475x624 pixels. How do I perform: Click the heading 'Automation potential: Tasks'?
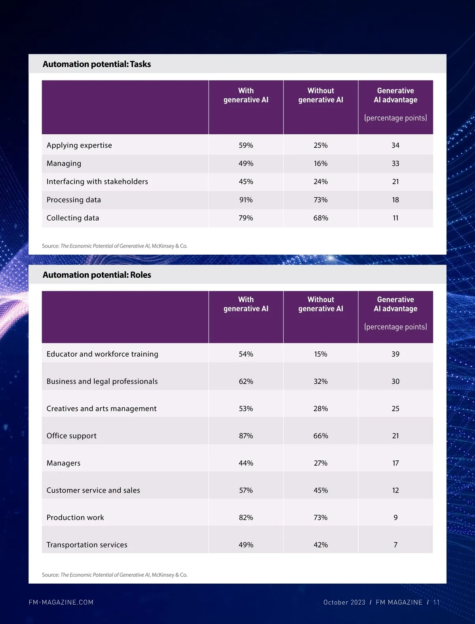tap(97, 64)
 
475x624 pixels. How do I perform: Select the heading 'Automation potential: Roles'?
tap(97, 275)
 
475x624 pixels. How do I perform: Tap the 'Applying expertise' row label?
tap(79, 145)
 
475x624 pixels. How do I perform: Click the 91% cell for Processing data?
tap(246, 200)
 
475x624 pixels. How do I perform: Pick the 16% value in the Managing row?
tap(321, 164)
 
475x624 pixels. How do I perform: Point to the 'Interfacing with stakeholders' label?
tap(97, 182)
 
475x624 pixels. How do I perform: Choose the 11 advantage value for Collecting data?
tap(395, 218)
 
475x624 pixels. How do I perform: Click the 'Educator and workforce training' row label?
tap(102, 354)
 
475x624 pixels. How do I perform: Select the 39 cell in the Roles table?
tap(395, 354)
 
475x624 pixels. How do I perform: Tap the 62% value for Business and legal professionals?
tap(246, 382)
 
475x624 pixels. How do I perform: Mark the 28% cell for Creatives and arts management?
tap(321, 409)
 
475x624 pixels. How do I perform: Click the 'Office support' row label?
tap(71, 436)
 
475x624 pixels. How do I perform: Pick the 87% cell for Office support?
tap(246, 436)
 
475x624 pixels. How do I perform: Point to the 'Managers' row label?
tap(63, 463)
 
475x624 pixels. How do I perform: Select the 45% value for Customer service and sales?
tap(321, 490)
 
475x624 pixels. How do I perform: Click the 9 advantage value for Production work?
tap(395, 518)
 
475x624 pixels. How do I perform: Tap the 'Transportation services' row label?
tap(87, 545)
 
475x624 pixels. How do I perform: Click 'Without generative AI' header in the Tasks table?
tap(321, 95)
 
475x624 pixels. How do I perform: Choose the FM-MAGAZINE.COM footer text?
tap(61, 603)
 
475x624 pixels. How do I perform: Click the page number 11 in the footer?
tap(436, 603)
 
